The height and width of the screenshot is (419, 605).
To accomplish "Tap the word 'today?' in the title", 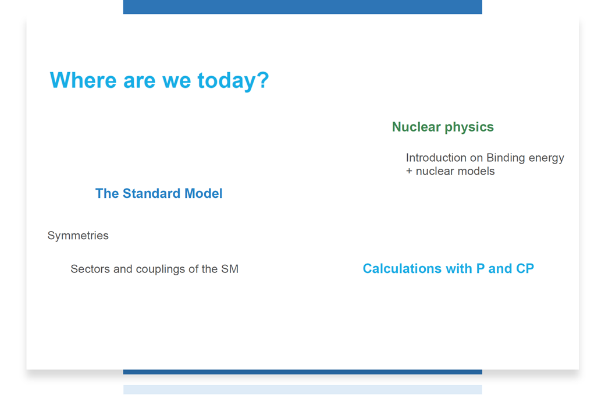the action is [233, 81].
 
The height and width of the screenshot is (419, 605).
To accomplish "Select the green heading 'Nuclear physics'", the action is [443, 127].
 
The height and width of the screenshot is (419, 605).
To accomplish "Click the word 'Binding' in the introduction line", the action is [506, 158].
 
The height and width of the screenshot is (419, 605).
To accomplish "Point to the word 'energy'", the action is [546, 158].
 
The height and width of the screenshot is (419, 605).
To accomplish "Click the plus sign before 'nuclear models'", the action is [409, 171].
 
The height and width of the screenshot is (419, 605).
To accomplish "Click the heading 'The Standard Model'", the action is [159, 193].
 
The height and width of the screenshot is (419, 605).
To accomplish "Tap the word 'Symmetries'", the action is [78, 235].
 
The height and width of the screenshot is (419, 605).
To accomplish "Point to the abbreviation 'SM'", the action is [230, 269].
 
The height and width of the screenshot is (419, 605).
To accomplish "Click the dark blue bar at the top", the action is [302, 7].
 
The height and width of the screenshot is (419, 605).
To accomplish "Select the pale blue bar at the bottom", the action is [302, 390].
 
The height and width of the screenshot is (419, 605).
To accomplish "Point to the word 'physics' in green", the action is [469, 127].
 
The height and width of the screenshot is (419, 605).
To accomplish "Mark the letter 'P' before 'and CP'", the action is [481, 268].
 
